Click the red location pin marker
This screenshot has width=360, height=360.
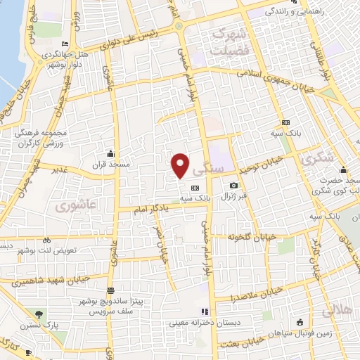point(180,165)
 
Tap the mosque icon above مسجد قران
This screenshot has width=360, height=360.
point(110,154)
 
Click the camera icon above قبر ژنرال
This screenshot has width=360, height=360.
point(233,186)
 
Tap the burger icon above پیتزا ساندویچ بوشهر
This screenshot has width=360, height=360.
point(110,290)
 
